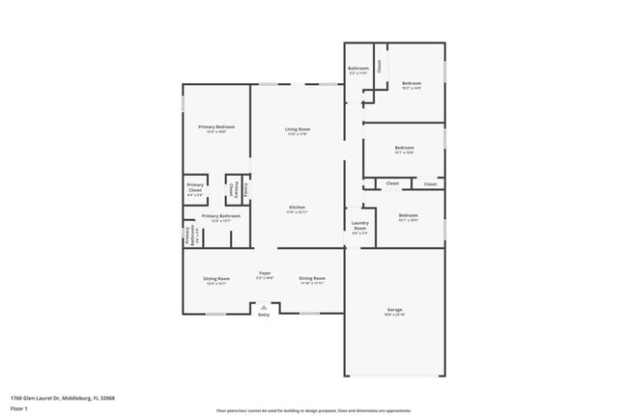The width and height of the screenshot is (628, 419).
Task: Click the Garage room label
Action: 395,310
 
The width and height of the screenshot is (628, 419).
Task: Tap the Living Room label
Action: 297,129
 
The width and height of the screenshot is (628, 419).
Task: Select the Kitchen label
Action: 298,208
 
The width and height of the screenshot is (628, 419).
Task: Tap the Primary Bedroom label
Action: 216,127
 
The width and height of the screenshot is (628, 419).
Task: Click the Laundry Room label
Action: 358,228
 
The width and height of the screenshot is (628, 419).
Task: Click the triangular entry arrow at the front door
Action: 263,306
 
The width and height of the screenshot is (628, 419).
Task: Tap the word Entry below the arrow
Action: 263,315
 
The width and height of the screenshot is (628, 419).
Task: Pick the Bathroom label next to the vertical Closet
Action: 358,69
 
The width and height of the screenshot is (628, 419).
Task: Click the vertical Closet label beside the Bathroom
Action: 380,67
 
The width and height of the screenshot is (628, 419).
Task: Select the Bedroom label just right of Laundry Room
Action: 409,215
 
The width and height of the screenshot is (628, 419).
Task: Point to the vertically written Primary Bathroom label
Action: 189,237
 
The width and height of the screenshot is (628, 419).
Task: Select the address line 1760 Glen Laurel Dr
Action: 62,398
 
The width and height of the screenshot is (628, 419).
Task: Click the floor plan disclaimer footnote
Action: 314,410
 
